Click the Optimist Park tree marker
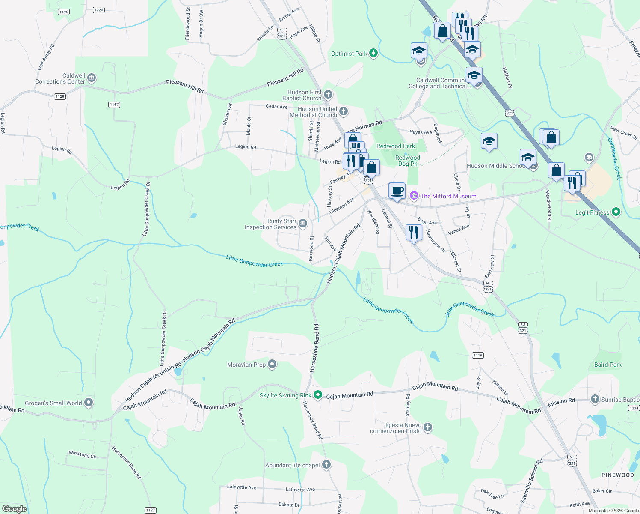(x=373, y=53)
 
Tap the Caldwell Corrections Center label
(x=60, y=78)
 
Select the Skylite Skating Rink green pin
(x=317, y=395)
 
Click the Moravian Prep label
(x=246, y=365)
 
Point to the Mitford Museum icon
(x=414, y=196)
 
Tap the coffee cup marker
(x=397, y=191)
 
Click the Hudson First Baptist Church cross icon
(x=328, y=94)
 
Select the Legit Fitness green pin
(x=616, y=212)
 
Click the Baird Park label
(x=607, y=365)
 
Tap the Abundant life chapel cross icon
(x=326, y=465)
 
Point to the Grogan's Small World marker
(x=89, y=403)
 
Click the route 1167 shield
(x=114, y=105)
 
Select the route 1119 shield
(x=478, y=355)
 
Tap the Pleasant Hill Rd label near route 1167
(x=185, y=86)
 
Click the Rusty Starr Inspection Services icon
(x=303, y=223)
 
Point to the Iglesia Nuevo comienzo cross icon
(x=428, y=427)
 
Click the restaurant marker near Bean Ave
(x=413, y=233)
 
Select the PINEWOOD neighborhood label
(x=617, y=475)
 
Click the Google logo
(x=14, y=508)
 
